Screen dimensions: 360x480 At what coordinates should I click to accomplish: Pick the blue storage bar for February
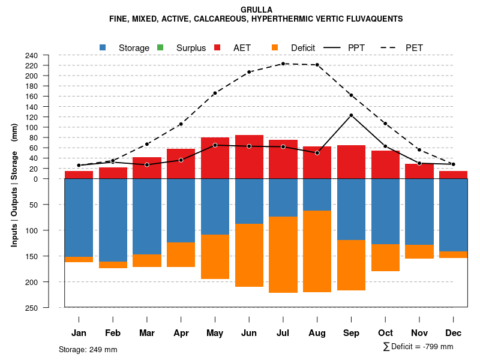[x=113, y=220]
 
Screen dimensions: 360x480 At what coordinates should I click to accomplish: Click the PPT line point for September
[x=351, y=115]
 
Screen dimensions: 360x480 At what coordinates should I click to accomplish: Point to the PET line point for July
[x=283, y=64]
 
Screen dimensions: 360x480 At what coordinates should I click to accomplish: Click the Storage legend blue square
[x=103, y=47]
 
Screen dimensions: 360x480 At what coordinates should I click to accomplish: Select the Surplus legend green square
[x=160, y=47]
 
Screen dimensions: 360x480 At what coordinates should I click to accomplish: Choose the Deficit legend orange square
[x=275, y=47]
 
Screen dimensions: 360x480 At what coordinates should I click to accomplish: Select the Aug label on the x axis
[x=317, y=333]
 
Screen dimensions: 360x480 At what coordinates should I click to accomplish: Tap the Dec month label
[x=454, y=333]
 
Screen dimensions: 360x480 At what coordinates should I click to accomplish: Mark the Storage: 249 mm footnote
[x=88, y=349]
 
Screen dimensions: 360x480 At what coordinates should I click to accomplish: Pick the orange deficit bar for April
[x=181, y=254]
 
